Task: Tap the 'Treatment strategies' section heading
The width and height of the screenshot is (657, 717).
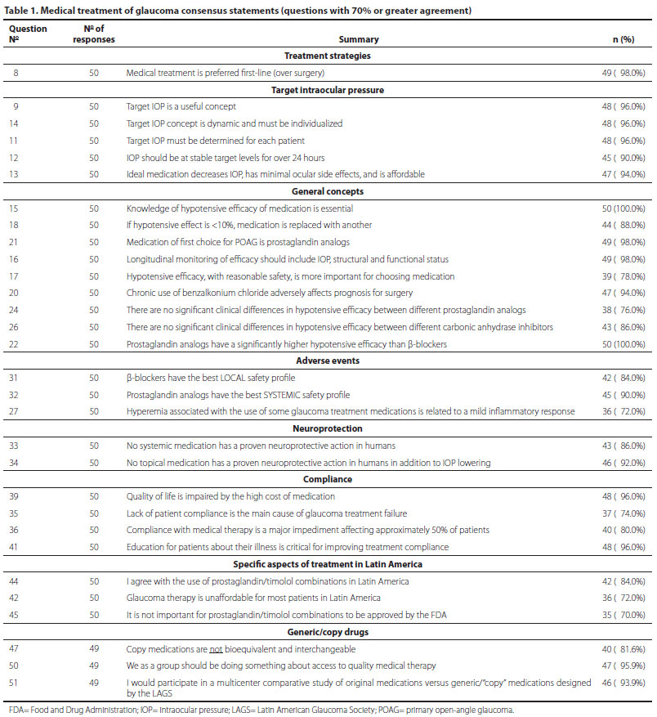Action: click(327, 56)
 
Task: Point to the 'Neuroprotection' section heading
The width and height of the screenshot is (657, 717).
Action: click(327, 428)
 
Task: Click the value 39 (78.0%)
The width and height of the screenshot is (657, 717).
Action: click(623, 276)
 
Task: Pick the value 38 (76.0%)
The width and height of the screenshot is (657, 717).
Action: click(623, 310)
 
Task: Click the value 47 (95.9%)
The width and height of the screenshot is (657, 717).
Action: click(623, 666)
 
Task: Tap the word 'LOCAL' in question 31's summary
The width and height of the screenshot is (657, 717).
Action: click(224, 379)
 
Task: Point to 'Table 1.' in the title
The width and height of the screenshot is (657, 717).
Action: click(24, 10)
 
